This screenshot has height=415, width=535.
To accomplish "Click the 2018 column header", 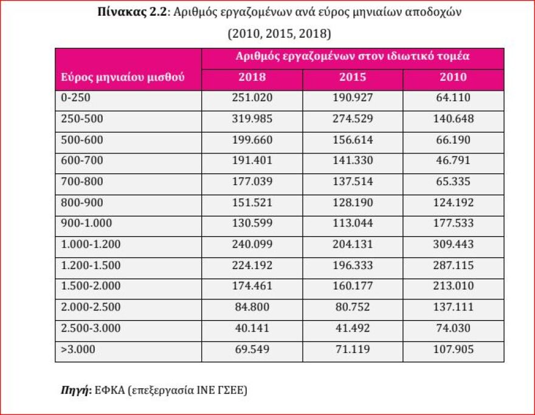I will (x=252, y=77).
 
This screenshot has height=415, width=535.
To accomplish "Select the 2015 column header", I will (x=353, y=77).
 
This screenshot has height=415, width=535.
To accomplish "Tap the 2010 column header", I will (x=453, y=77).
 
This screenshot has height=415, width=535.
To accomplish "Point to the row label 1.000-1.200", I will (x=91, y=245).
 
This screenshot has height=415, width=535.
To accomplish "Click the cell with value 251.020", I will (x=252, y=98).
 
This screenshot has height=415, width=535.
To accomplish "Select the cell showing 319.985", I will (x=252, y=119).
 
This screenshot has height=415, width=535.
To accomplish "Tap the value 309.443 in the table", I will (x=453, y=245).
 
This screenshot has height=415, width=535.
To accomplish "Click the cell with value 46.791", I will (x=453, y=161).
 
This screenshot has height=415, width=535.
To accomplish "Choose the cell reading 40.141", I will (x=252, y=329).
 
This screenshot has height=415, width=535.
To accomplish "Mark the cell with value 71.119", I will (x=353, y=350).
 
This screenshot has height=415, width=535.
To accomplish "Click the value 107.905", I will (x=453, y=350).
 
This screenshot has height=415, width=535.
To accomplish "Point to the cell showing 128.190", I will (x=353, y=203).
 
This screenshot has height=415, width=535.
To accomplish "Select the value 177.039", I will (x=252, y=182).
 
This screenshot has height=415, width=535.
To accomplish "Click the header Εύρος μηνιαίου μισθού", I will (x=122, y=78).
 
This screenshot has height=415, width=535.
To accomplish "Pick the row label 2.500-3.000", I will (x=91, y=329).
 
